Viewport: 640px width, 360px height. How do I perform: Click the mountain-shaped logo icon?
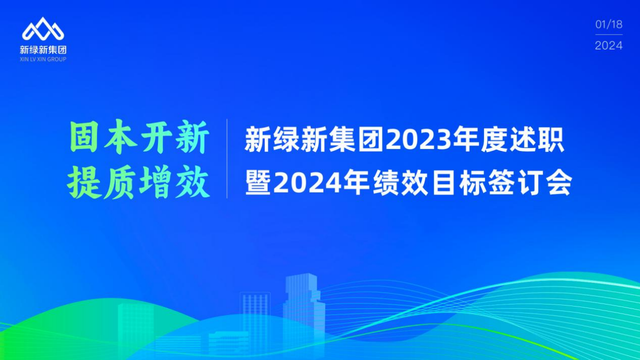pos(43,29)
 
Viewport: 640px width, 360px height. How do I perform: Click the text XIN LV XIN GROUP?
pos(43,59)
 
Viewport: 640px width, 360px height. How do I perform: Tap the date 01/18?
pos(609,24)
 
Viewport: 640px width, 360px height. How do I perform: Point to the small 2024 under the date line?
pos(609,45)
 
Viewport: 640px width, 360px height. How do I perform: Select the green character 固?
pos(84,137)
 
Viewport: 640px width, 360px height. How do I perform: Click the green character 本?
pos(120,137)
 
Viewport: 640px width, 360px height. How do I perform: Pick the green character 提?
pos(84,182)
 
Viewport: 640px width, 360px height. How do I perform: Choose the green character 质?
pos(120,182)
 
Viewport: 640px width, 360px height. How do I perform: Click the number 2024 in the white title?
pos(307,182)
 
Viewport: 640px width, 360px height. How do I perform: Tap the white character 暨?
pos(258,182)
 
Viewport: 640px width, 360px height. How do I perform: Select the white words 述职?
pos(537,140)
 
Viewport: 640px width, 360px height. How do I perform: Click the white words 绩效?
pos(400,182)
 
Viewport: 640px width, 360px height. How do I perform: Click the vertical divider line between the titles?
pos(227,158)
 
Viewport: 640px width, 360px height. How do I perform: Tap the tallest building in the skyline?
pos(304,314)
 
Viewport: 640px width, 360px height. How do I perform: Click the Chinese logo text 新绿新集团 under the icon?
pos(43,49)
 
